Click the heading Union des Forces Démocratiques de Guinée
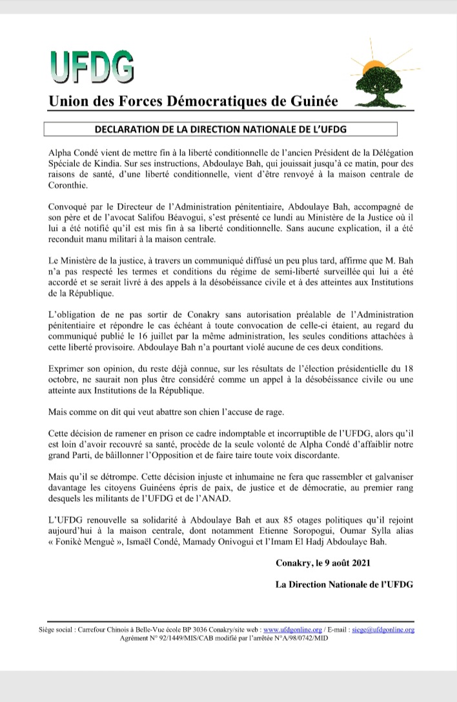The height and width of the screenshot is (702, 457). tap(189, 101)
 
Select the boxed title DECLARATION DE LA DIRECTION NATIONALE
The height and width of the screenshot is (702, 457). tap(221, 129)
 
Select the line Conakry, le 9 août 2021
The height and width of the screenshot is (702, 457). tap(323, 563)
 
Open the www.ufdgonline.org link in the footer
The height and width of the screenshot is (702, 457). tap(293, 629)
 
